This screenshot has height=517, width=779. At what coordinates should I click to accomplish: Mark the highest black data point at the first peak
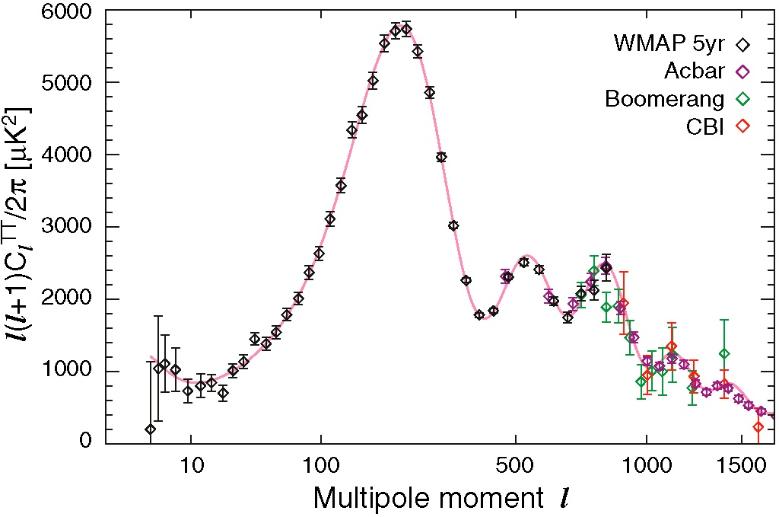click(x=406, y=29)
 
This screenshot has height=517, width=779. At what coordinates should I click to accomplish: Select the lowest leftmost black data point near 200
click(x=151, y=429)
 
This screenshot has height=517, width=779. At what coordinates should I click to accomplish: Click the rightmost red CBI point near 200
click(x=758, y=427)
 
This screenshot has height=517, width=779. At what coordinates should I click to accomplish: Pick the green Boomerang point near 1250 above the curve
click(x=724, y=353)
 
